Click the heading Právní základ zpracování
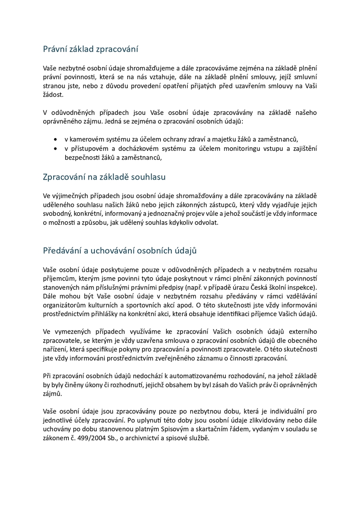point(90,49)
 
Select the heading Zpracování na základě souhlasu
point(104,177)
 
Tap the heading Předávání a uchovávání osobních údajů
point(120,251)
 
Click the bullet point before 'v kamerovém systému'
point(55,139)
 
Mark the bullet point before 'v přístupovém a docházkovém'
point(55,148)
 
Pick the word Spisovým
point(190,429)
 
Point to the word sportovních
point(135,305)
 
